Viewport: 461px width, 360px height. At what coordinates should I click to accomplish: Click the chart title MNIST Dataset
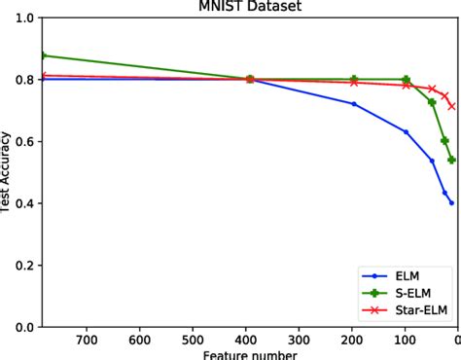[x=249, y=7]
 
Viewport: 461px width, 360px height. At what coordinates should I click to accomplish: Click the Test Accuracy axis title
[x=7, y=172]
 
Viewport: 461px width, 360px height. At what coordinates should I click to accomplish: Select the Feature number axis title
[x=249, y=354]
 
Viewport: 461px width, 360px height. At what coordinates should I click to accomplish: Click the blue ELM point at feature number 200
[x=354, y=104]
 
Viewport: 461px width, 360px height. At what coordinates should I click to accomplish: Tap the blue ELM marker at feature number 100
[x=406, y=131]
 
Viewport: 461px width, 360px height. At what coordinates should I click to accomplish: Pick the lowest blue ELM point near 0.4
[x=451, y=202]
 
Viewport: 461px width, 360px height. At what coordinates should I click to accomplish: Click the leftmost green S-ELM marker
[x=43, y=55]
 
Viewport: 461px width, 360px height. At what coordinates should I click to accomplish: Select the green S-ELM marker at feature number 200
[x=354, y=79]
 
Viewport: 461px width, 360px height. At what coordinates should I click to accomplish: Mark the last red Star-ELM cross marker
[x=451, y=106]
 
